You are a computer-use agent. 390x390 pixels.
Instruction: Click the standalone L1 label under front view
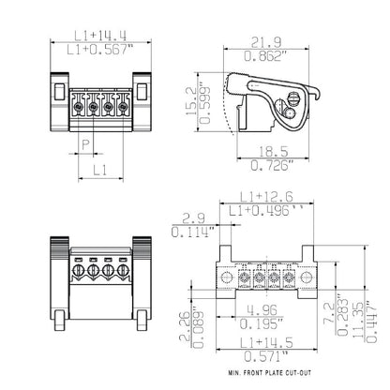100,170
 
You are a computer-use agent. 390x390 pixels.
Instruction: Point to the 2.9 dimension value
186,217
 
